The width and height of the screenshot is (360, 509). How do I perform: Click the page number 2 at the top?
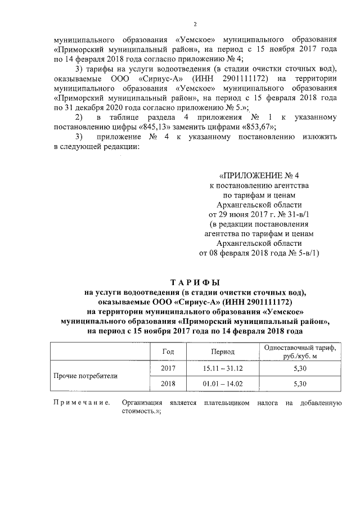195,24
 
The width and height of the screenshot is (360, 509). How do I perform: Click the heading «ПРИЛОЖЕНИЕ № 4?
259,175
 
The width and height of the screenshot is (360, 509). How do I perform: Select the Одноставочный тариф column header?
299,351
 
